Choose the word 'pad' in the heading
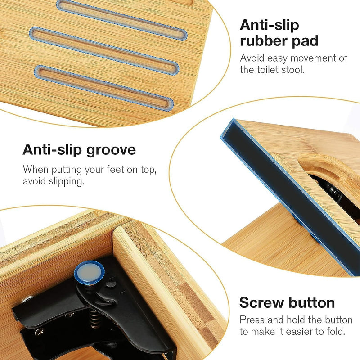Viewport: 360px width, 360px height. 305,40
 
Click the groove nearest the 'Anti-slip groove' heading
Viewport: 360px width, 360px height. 103,87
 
